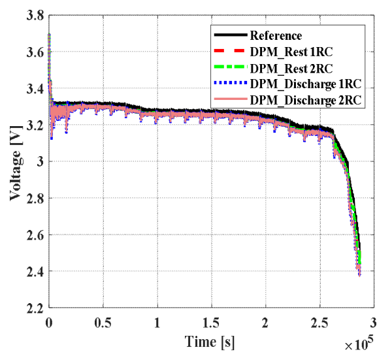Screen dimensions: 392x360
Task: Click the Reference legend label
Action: click(276, 36)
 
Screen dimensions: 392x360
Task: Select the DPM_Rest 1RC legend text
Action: click(291, 52)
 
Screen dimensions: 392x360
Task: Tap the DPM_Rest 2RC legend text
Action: click(291, 68)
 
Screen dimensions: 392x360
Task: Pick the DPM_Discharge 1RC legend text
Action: click(306, 84)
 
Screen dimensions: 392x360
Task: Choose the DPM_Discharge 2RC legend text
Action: click(306, 100)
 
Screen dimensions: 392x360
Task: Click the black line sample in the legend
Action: click(231, 35)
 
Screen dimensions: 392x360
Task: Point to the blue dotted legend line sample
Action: click(231, 83)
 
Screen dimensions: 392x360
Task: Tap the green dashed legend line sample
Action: click(231, 67)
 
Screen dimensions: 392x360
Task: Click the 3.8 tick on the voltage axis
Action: click(35, 16)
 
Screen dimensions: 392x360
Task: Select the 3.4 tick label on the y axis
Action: click(35, 89)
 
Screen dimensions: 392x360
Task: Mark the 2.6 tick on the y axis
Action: click(35, 235)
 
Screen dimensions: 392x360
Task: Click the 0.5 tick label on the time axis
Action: click(103, 323)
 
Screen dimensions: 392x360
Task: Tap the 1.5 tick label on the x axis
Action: click(211, 323)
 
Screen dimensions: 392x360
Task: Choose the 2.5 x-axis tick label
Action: click(319, 323)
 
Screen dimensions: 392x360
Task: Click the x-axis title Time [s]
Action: click(210, 342)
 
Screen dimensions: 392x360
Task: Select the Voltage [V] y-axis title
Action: click(16, 162)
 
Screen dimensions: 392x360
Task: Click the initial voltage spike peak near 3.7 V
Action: click(49, 34)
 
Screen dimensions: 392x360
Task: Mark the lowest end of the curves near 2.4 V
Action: click(359, 276)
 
